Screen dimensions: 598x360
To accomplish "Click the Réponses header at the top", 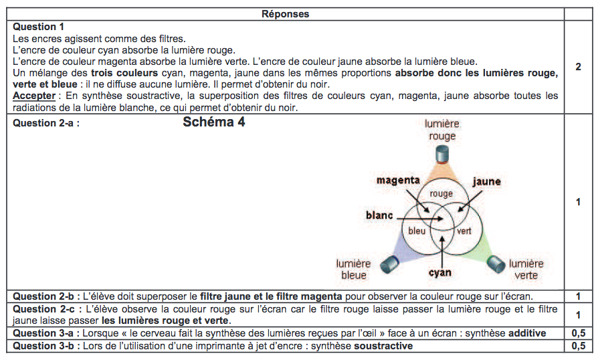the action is pyautogui.click(x=285, y=14).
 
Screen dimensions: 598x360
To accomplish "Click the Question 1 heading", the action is pyautogui.click(x=39, y=27).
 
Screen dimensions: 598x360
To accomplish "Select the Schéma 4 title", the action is pyautogui.click(x=214, y=122).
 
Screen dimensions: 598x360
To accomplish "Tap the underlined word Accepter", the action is pyautogui.click(x=34, y=96).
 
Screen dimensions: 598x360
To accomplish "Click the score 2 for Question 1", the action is pyautogui.click(x=578, y=67).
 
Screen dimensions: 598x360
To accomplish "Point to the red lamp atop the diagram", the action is pyautogui.click(x=442, y=155).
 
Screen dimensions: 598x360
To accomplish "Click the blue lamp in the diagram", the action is pyautogui.click(x=389, y=264).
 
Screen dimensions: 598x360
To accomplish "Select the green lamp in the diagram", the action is pyautogui.click(x=496, y=264).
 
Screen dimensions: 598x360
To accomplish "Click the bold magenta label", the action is pyautogui.click(x=398, y=180).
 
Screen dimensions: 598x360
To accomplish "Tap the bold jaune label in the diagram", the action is pyautogui.click(x=487, y=181).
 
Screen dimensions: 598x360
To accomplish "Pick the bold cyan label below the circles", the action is pyautogui.click(x=439, y=273).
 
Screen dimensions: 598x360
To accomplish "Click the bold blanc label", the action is pyautogui.click(x=379, y=215).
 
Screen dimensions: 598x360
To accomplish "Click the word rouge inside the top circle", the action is pyautogui.click(x=441, y=194).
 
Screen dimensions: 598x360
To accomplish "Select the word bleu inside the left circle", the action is pyautogui.click(x=417, y=231).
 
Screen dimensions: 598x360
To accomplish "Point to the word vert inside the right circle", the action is pyautogui.click(x=464, y=231).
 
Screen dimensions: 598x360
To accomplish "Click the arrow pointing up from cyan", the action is pyautogui.click(x=441, y=252).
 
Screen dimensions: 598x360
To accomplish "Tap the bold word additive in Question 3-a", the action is pyautogui.click(x=527, y=333).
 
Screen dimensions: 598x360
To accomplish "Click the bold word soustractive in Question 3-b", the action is pyautogui.click(x=383, y=346).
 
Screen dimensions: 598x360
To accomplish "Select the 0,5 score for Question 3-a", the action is pyautogui.click(x=578, y=333).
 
